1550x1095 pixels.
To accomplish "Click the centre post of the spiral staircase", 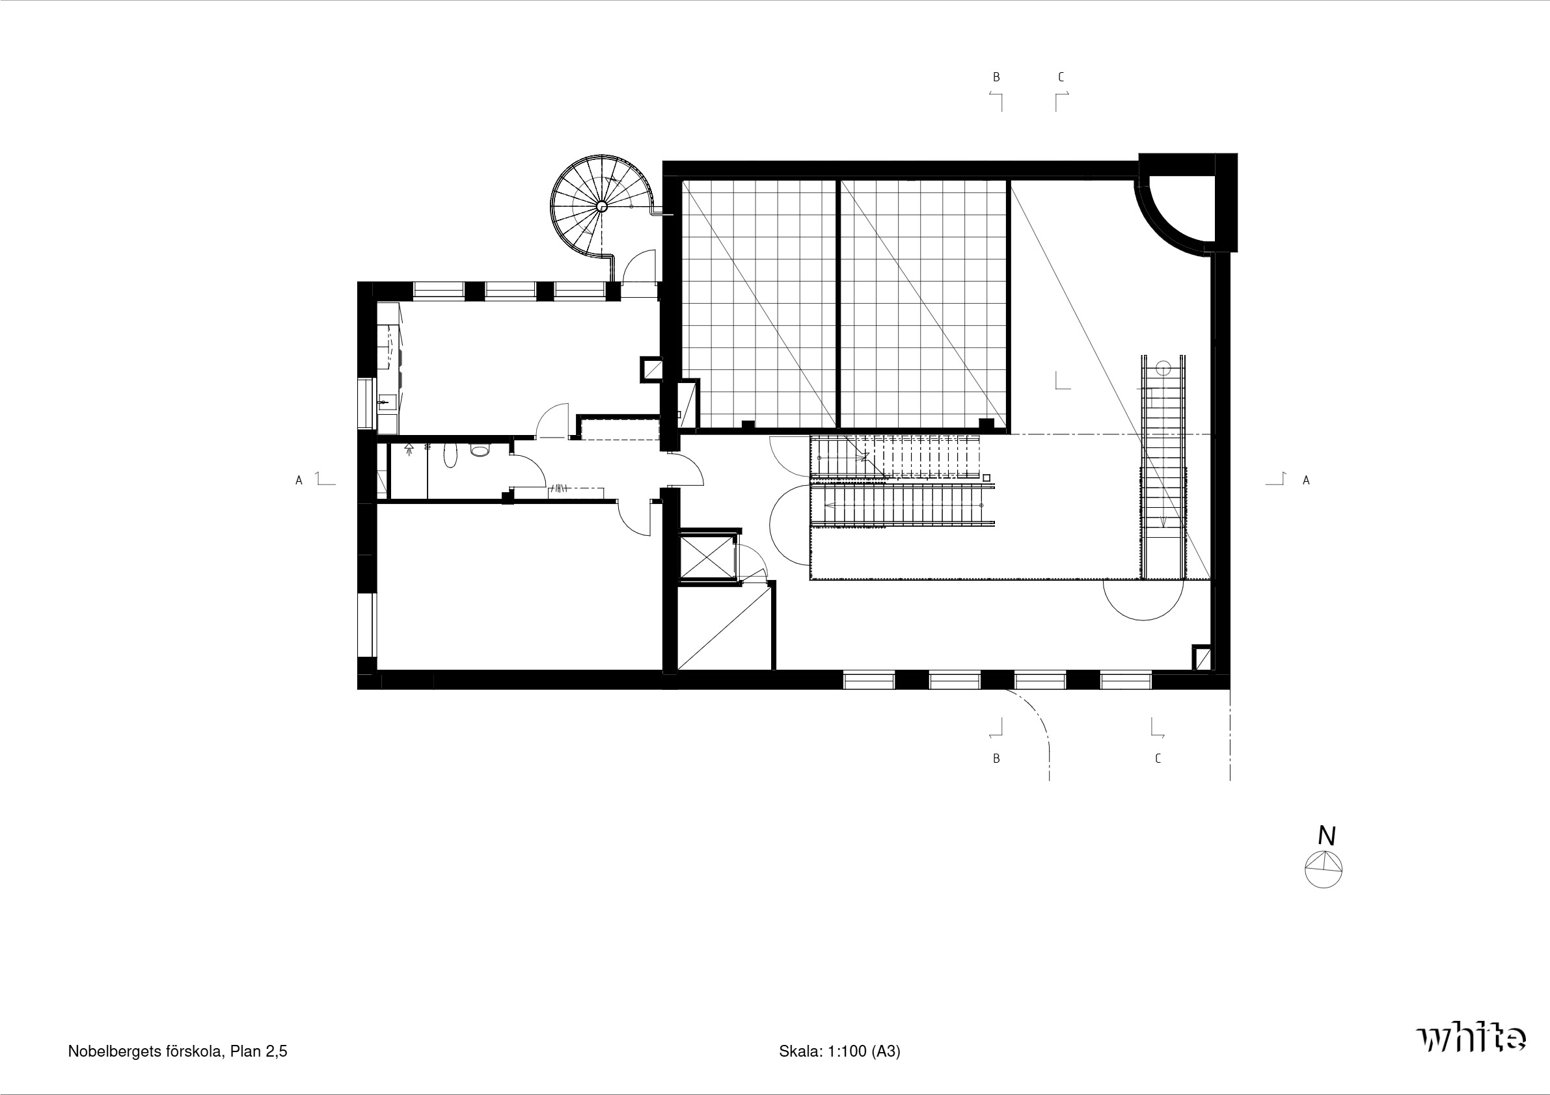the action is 601,207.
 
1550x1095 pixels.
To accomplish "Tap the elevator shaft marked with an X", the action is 707,557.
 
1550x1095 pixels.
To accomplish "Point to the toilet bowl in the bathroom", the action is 480,451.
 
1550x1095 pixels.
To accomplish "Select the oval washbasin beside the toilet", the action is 450,456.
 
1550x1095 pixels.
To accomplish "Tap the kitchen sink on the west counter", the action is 385,402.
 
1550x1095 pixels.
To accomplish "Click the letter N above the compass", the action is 1327,836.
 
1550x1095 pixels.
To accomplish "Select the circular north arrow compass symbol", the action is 1323,869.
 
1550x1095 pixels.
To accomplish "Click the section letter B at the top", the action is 996,77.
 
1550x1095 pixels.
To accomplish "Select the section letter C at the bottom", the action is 1158,758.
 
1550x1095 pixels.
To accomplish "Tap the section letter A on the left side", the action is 299,481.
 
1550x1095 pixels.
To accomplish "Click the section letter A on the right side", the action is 1306,481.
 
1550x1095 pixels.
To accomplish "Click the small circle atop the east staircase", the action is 1163,369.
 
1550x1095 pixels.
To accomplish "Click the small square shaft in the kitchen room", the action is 653,369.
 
